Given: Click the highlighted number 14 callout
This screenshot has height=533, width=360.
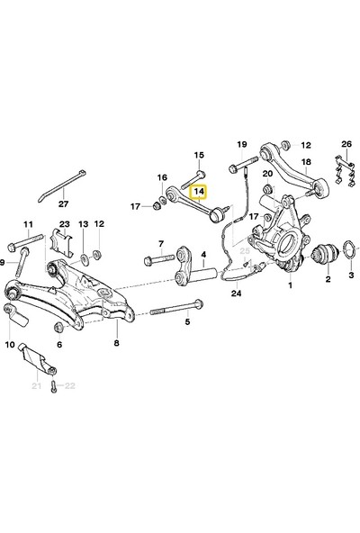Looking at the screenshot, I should tap(198, 193).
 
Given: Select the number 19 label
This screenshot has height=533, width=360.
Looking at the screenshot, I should tap(241, 144).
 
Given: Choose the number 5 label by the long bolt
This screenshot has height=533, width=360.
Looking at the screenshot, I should tap(187, 321).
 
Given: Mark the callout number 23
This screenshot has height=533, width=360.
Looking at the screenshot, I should tap(64, 223).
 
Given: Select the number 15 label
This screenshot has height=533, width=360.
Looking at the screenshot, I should tap(199, 155).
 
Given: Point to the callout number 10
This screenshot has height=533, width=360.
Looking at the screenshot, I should tap(10, 344).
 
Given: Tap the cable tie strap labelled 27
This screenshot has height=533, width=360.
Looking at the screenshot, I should tap(63, 185).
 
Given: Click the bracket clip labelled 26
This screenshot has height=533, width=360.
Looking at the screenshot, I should tap(339, 173).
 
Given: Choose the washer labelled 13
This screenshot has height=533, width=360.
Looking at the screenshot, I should tap(83, 244).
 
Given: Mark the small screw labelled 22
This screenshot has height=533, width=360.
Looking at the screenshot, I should tap(53, 386).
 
